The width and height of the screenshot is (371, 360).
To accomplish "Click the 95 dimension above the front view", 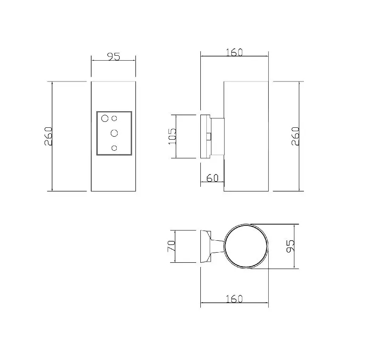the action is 114,56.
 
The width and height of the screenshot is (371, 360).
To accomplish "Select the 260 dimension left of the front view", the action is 48,136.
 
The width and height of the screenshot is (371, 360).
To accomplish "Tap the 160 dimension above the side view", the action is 234,52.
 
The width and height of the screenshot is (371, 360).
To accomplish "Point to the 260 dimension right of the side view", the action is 295,136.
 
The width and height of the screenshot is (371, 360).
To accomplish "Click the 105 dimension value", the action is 172,136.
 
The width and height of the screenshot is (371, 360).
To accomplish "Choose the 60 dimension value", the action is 213,178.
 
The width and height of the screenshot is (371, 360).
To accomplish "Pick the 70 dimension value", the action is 171,246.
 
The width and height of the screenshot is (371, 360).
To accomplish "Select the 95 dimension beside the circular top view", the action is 290,246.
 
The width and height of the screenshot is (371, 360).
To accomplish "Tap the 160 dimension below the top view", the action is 234,299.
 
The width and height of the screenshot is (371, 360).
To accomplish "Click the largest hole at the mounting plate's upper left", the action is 104,118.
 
